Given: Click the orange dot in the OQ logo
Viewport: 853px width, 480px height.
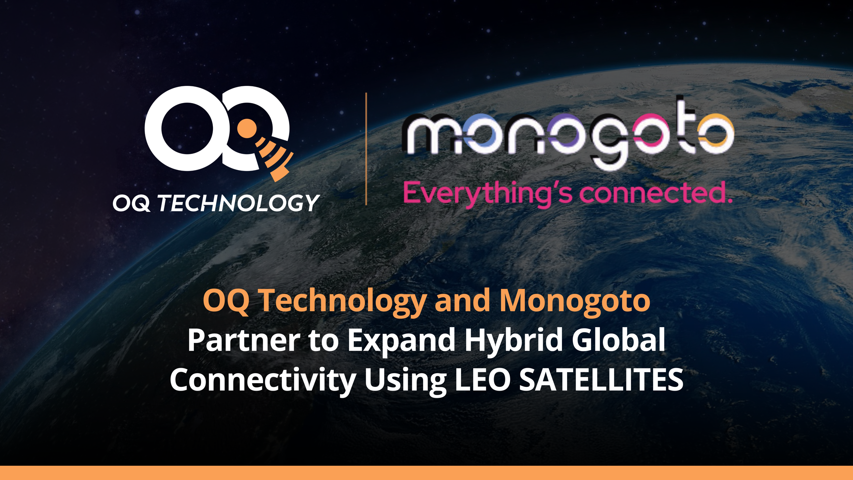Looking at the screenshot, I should tap(247, 128).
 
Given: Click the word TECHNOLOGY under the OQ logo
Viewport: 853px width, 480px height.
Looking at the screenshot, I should tap(238, 203).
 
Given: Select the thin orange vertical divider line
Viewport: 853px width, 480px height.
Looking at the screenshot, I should tap(366, 149).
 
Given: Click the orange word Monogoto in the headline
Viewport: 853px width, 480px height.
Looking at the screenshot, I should tap(575, 301).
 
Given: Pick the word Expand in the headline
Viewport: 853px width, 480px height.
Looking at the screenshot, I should tap(401, 340).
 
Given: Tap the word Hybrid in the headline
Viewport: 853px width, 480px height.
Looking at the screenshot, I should tap(513, 340).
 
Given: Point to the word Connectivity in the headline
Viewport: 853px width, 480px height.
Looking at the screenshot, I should tap(263, 380).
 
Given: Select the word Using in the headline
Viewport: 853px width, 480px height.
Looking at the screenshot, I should tap(405, 380).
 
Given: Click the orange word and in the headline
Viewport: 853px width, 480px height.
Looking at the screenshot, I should tap(462, 301).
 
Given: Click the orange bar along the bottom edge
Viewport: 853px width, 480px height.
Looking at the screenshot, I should tap(426, 473).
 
